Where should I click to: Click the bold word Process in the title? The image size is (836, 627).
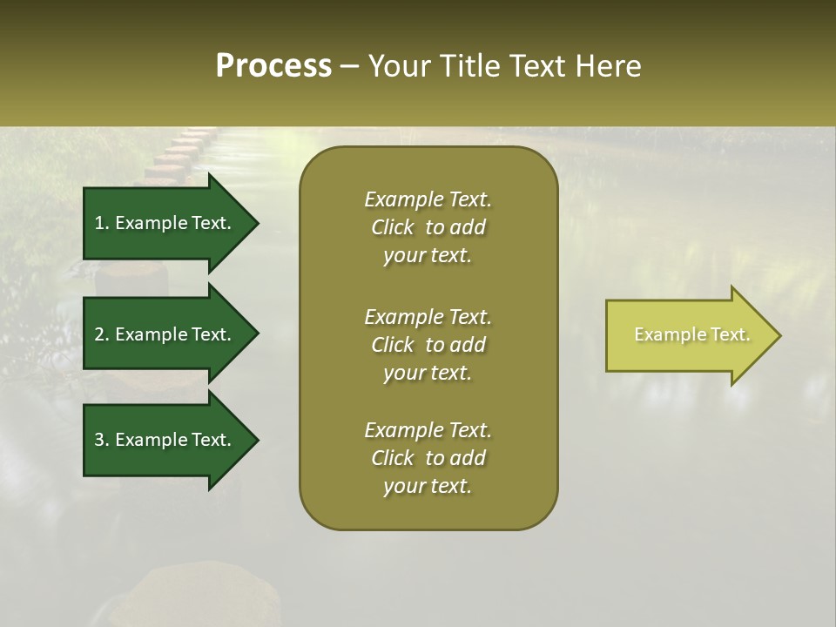point(273,66)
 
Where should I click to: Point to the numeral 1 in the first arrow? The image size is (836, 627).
point(99,223)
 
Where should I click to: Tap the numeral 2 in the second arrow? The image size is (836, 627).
point(99,334)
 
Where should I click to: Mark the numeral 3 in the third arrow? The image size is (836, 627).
point(99,440)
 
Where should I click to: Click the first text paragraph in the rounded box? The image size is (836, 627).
point(428,227)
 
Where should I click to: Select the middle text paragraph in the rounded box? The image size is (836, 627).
point(428,344)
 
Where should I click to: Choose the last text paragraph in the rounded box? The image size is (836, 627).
point(428,458)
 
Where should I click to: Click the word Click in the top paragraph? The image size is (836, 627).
point(392,227)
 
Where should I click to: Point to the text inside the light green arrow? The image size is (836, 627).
point(691,334)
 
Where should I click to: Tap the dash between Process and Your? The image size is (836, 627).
point(350,67)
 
